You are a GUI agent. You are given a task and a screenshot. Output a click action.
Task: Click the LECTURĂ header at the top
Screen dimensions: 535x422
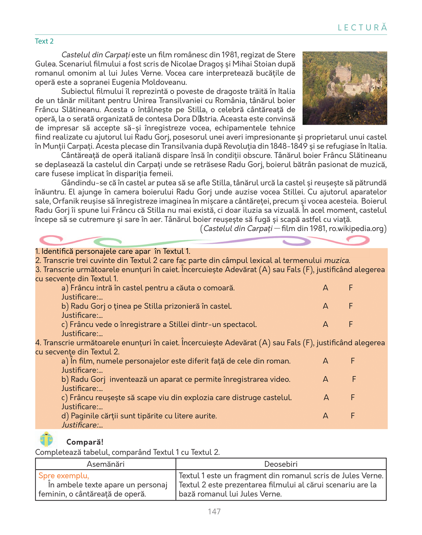[x=362, y=28]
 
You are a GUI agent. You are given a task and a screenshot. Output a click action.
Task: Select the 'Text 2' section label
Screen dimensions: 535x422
[x=44, y=41]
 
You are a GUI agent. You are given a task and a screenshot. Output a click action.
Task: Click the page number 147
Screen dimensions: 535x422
[x=214, y=511]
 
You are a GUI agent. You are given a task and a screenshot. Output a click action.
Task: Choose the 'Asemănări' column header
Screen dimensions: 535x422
[x=105, y=464]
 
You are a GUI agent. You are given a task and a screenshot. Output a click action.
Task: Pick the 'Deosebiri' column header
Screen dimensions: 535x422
[x=281, y=464]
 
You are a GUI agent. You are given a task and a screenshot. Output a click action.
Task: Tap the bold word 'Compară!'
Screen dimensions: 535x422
[x=85, y=442]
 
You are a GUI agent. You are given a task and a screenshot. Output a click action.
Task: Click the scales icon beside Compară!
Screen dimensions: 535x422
[x=46, y=440]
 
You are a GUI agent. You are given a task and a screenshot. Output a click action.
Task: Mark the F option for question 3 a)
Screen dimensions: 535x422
[x=351, y=288]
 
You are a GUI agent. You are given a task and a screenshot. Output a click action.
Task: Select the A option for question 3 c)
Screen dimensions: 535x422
[x=325, y=324]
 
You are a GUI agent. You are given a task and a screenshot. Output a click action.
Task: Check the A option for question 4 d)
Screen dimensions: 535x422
[x=325, y=416]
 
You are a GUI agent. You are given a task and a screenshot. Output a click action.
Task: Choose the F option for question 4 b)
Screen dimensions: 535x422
[x=354, y=379]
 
